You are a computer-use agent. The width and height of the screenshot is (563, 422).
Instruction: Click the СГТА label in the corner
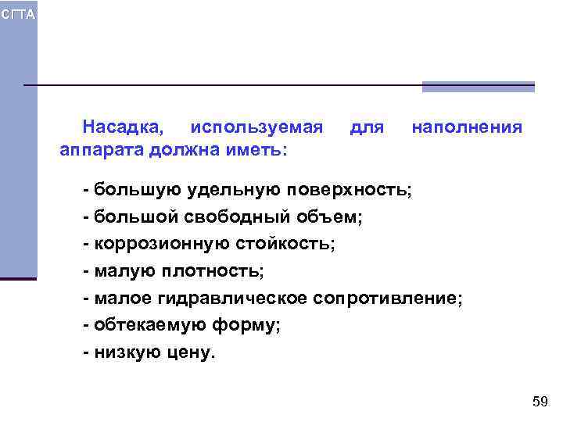pos(18,15)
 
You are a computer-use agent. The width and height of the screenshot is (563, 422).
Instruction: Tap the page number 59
pos(540,402)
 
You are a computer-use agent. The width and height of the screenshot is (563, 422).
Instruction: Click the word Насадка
pos(124,127)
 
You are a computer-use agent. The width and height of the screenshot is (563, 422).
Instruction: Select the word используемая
pos(256,127)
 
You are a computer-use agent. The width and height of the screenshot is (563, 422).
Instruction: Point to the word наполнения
pos(467,127)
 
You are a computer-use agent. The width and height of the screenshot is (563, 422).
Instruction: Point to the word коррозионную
pos(162,244)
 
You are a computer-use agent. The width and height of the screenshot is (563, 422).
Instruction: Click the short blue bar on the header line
pos(478,87)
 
